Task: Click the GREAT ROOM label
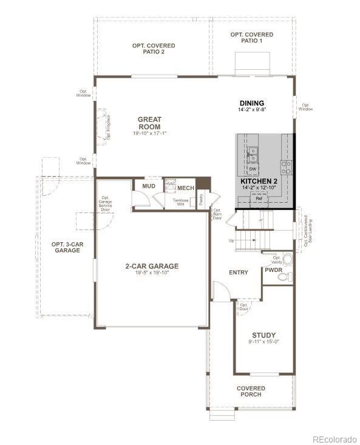click(149, 123)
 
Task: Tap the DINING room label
click(252, 103)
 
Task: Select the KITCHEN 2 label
click(259, 181)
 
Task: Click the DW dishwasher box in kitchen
click(251, 168)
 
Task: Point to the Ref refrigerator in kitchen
click(259, 199)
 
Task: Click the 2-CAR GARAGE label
click(152, 265)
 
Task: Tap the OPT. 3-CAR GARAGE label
click(66, 247)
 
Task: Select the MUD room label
click(148, 186)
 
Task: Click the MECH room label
click(186, 188)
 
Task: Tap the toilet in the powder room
click(284, 276)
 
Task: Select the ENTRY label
click(238, 273)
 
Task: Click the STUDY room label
click(263, 335)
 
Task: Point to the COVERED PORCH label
click(251, 392)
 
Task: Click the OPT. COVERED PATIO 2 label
click(154, 49)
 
